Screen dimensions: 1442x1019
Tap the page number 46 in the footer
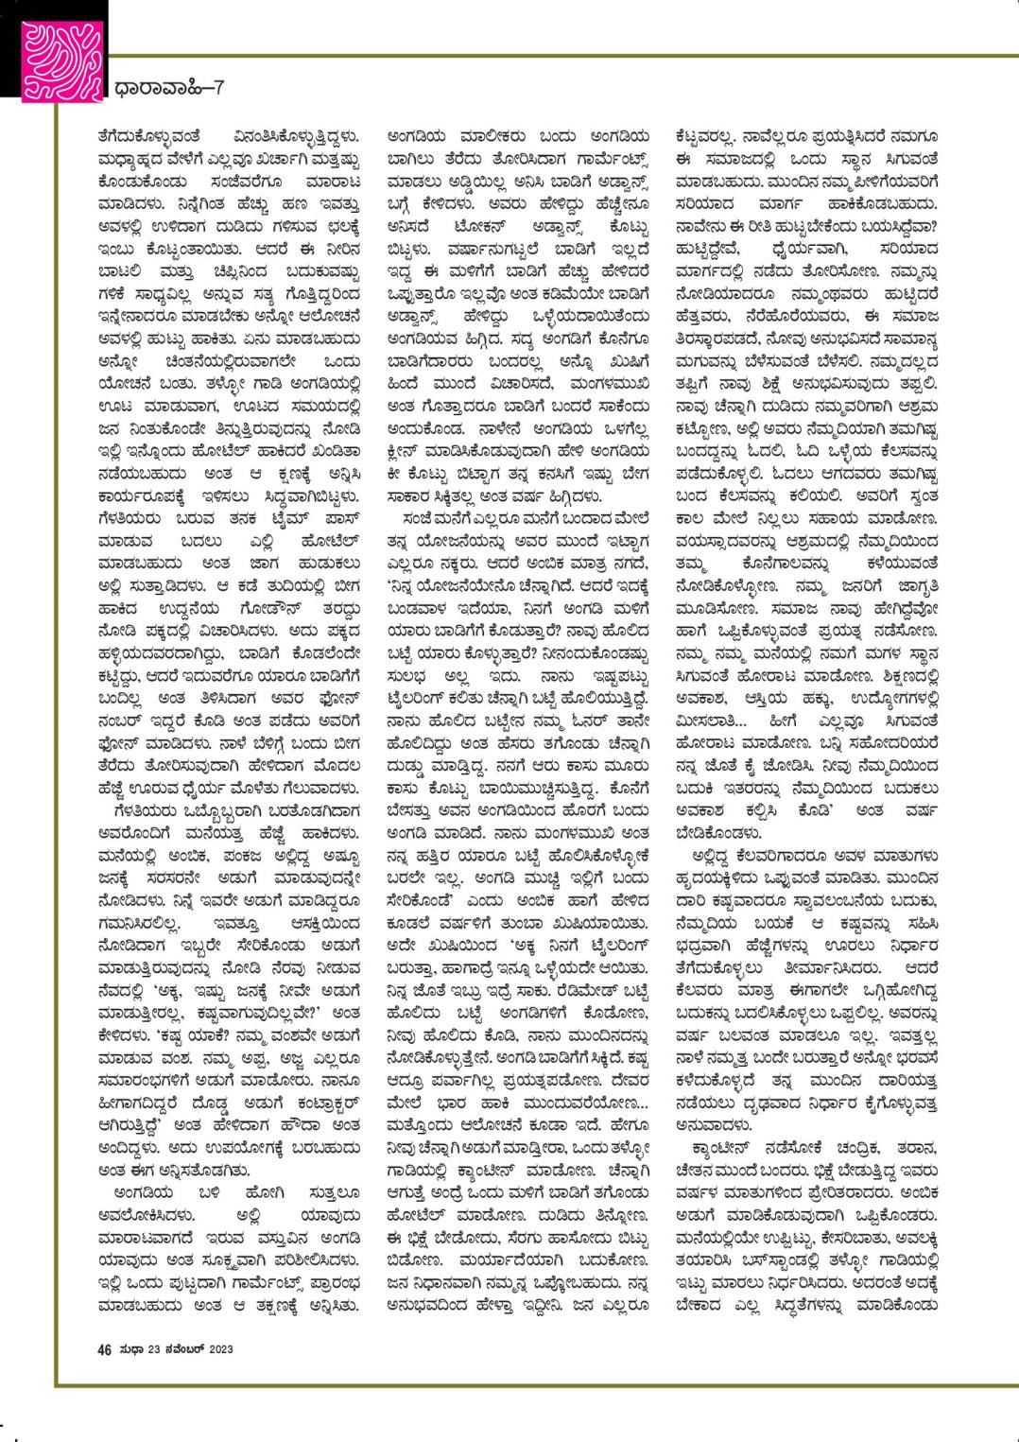(104, 1348)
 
